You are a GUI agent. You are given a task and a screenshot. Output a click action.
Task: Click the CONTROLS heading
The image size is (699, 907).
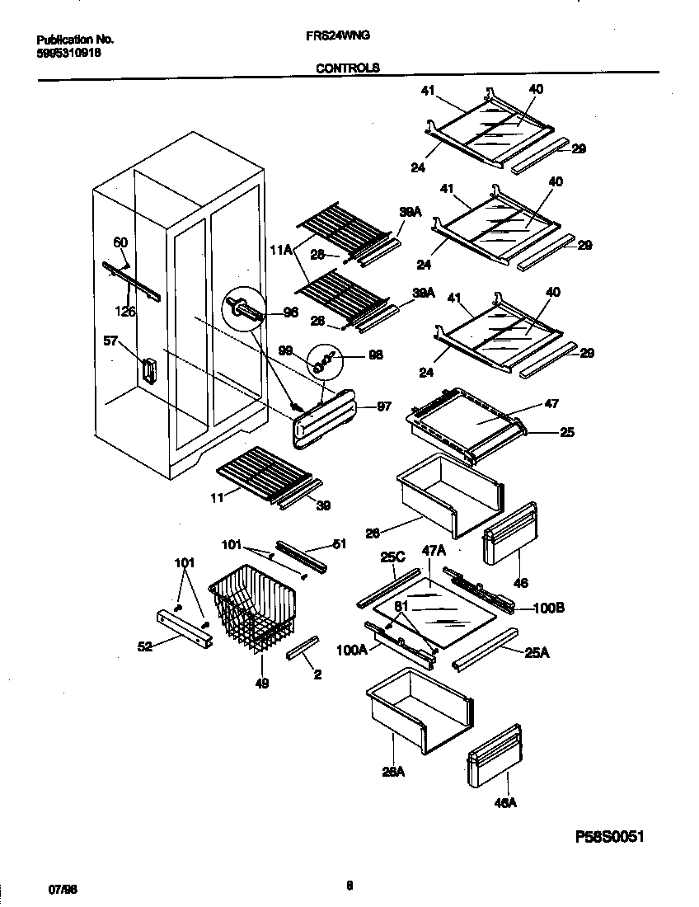click(348, 68)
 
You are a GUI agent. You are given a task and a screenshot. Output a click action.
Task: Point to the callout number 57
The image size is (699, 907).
click(110, 340)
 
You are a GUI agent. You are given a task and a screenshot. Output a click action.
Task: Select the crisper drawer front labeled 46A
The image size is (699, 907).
click(495, 756)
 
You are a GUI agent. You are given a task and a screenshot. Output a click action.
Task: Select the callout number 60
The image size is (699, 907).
click(120, 242)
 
